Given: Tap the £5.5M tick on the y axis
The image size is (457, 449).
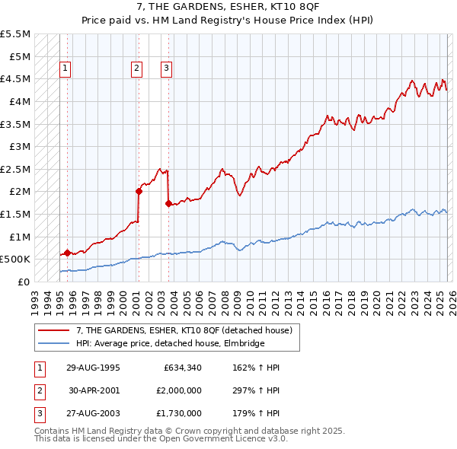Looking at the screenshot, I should coord(16,34).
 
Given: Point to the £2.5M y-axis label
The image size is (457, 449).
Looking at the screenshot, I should coord(16,169).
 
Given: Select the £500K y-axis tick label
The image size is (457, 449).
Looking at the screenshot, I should coord(16,260).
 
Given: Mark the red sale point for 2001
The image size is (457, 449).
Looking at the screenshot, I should coord(139,192).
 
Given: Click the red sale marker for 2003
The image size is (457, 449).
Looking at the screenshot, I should coord(168,203).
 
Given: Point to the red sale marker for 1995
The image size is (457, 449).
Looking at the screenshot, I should coord(67,253).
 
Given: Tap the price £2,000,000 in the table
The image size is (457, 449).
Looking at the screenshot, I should coord(178,390).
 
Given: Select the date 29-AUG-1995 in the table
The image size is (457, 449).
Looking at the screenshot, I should coord(93,368).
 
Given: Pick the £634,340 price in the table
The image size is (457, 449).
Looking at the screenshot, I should coord(183,368).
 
